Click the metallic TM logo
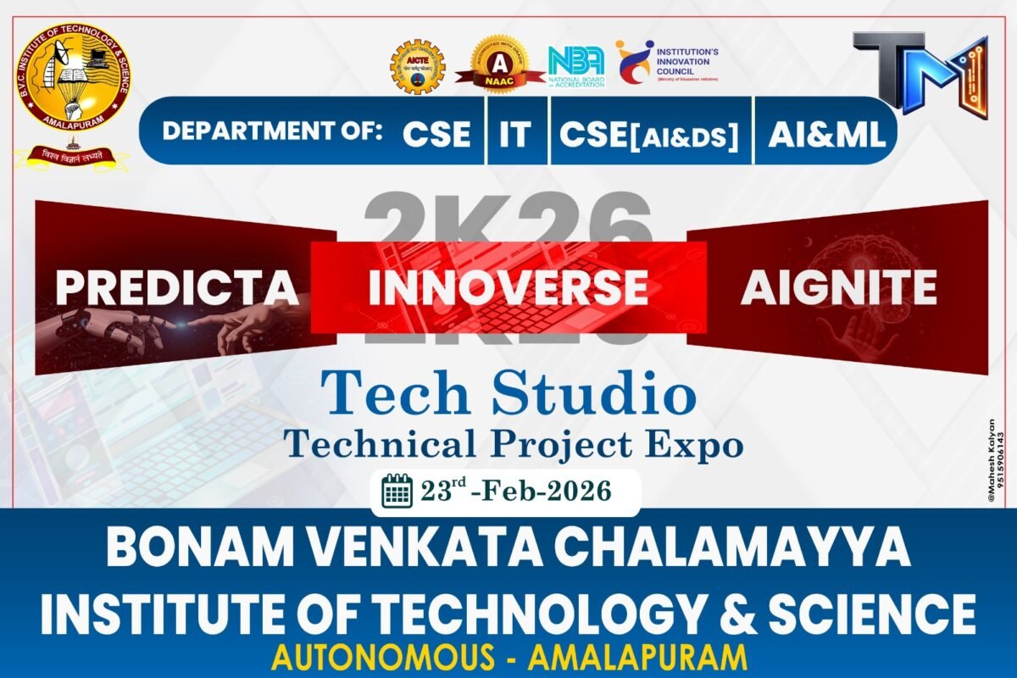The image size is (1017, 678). tap(920, 71)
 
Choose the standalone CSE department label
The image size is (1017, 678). tap(436, 134)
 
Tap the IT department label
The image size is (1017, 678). tap(514, 134)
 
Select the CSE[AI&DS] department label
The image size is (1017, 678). tap(649, 134)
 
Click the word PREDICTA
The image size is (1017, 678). tap(177, 287)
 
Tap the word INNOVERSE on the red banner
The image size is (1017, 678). tap(508, 287)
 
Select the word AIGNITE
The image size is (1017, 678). tap(838, 287)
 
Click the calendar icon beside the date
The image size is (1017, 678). tap(397, 491)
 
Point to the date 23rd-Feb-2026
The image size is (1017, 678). tap(515, 491)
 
